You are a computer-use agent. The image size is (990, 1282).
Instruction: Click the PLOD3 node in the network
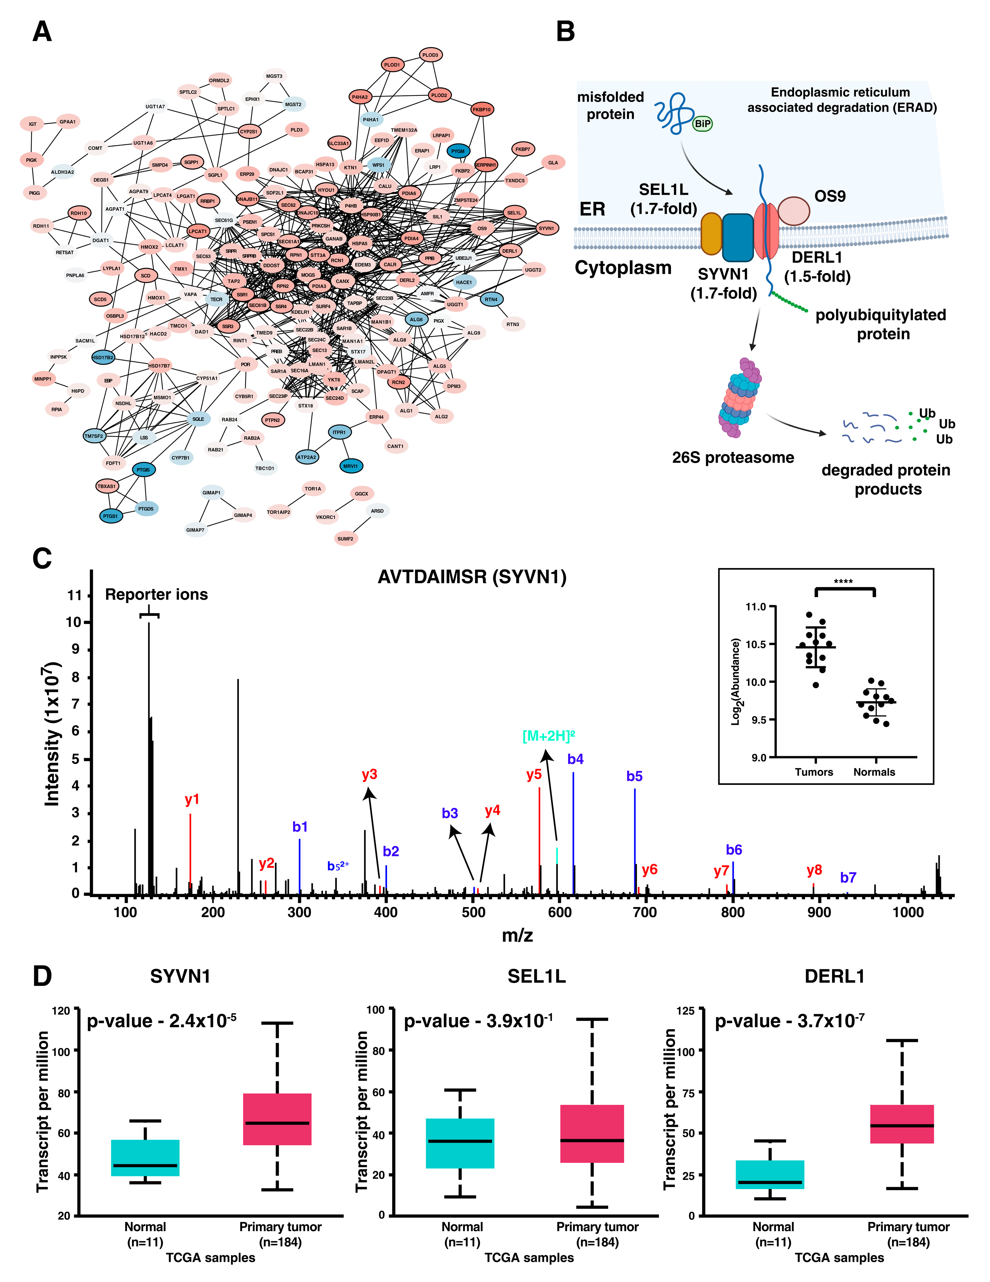pyautogui.click(x=430, y=55)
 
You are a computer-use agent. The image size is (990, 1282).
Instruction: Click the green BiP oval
pyautogui.click(x=703, y=124)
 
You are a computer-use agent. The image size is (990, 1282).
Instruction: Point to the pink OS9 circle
pyautogui.click(x=793, y=211)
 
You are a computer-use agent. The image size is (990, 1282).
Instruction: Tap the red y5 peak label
pyautogui.click(x=533, y=775)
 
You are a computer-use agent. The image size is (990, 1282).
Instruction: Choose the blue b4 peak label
pyautogui.click(x=575, y=759)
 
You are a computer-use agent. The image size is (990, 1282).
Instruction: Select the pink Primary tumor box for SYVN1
pyautogui.click(x=277, y=1119)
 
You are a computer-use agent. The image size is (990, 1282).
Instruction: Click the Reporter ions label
pyautogui.click(x=156, y=595)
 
